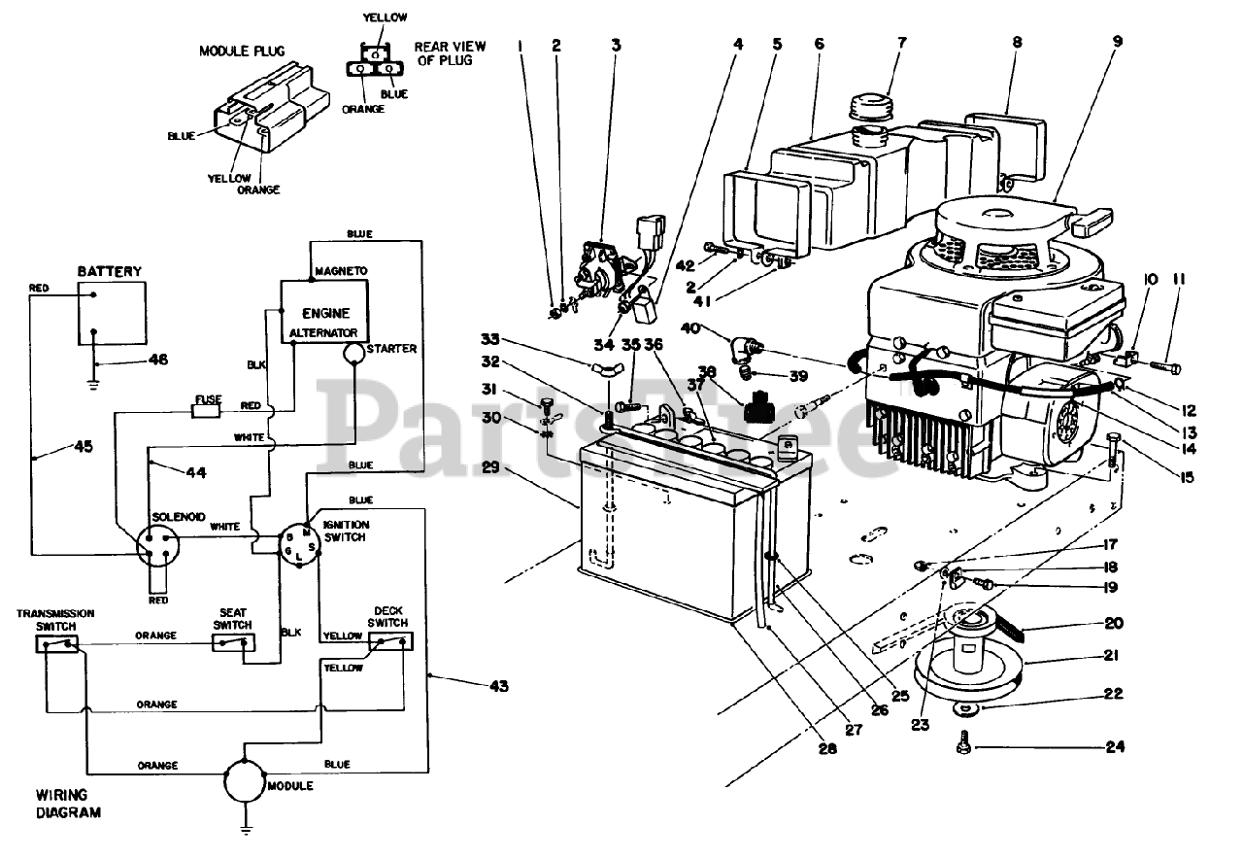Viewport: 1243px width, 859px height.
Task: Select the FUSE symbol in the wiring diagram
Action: click(x=206, y=411)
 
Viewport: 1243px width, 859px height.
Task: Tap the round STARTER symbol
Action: click(x=353, y=354)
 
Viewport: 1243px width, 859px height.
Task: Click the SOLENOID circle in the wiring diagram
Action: click(x=158, y=546)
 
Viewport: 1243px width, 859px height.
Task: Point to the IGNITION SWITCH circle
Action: click(x=300, y=545)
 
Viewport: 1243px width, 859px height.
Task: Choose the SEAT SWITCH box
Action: click(x=234, y=642)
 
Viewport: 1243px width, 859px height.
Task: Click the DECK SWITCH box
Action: click(x=390, y=641)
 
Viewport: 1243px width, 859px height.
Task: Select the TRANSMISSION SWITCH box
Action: click(x=56, y=644)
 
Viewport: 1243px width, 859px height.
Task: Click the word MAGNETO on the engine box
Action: click(x=341, y=271)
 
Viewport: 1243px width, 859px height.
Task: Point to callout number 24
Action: click(x=1115, y=746)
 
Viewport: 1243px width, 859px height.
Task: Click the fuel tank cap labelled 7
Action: click(x=870, y=107)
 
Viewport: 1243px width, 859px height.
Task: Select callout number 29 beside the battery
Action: click(x=490, y=467)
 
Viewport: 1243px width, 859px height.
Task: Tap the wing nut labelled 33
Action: click(x=607, y=368)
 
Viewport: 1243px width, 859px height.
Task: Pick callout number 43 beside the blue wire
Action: click(x=499, y=686)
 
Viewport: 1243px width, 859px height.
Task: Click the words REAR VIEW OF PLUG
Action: click(x=450, y=53)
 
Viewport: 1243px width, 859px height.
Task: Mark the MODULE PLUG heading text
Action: click(x=242, y=52)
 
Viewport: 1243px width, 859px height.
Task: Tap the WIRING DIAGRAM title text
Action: click(x=68, y=804)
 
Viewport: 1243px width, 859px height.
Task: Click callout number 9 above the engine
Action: click(x=1117, y=41)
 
